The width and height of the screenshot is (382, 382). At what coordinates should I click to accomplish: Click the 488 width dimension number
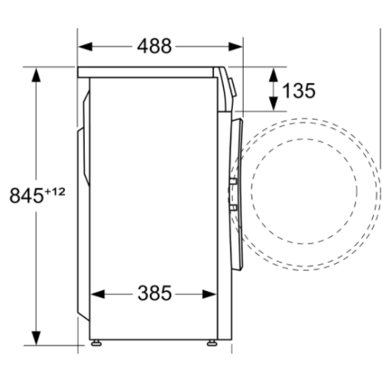point(154,47)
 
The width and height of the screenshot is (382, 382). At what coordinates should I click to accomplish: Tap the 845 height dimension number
point(26,195)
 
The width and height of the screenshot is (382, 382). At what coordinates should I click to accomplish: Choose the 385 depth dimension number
point(155,293)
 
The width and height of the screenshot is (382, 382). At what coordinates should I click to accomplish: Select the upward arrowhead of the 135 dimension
point(272,73)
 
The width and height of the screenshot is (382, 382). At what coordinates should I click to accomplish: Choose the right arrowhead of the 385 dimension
point(214,293)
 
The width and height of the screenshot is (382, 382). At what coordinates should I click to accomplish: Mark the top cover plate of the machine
point(149,71)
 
